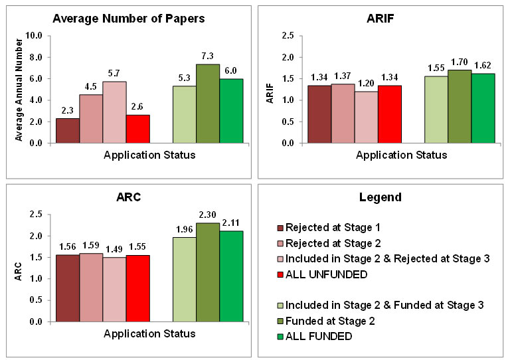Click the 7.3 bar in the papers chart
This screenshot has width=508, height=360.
pyautogui.click(x=208, y=104)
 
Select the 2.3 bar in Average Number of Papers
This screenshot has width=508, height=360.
pyautogui.click(x=67, y=131)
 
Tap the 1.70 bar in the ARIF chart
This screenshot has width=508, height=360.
pyautogui.click(x=460, y=106)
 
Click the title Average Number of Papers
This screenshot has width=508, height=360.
pyautogui.click(x=129, y=19)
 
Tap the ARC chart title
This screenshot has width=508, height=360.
pyautogui.click(x=129, y=197)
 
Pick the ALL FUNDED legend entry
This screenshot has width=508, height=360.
pyautogui.click(x=314, y=336)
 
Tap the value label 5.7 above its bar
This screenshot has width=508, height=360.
pyautogui.click(x=114, y=74)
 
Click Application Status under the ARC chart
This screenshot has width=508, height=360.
pyautogui.click(x=149, y=333)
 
